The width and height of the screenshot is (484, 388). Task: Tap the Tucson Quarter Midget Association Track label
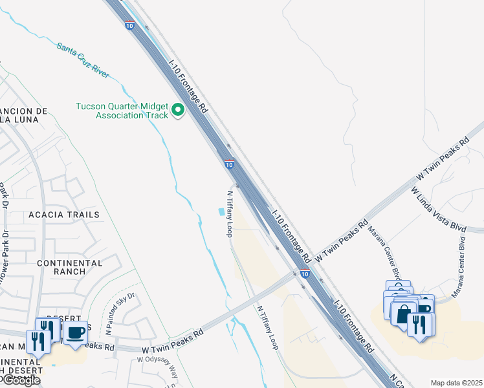tap(122, 111)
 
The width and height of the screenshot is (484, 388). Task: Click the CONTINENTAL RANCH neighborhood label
tap(70, 268)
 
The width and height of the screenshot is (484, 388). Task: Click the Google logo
tap(21, 380)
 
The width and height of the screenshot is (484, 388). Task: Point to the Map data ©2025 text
tap(456, 383)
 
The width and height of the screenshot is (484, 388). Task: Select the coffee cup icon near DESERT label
tap(76, 332)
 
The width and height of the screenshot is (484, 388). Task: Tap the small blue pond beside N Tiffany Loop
tap(223, 212)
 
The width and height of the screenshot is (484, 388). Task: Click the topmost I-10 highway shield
tap(129, 25)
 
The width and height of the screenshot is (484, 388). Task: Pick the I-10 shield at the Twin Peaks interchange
tap(304, 274)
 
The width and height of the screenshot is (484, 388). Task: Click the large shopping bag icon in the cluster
tap(404, 315)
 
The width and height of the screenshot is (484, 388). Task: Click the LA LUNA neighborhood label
tap(19, 120)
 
